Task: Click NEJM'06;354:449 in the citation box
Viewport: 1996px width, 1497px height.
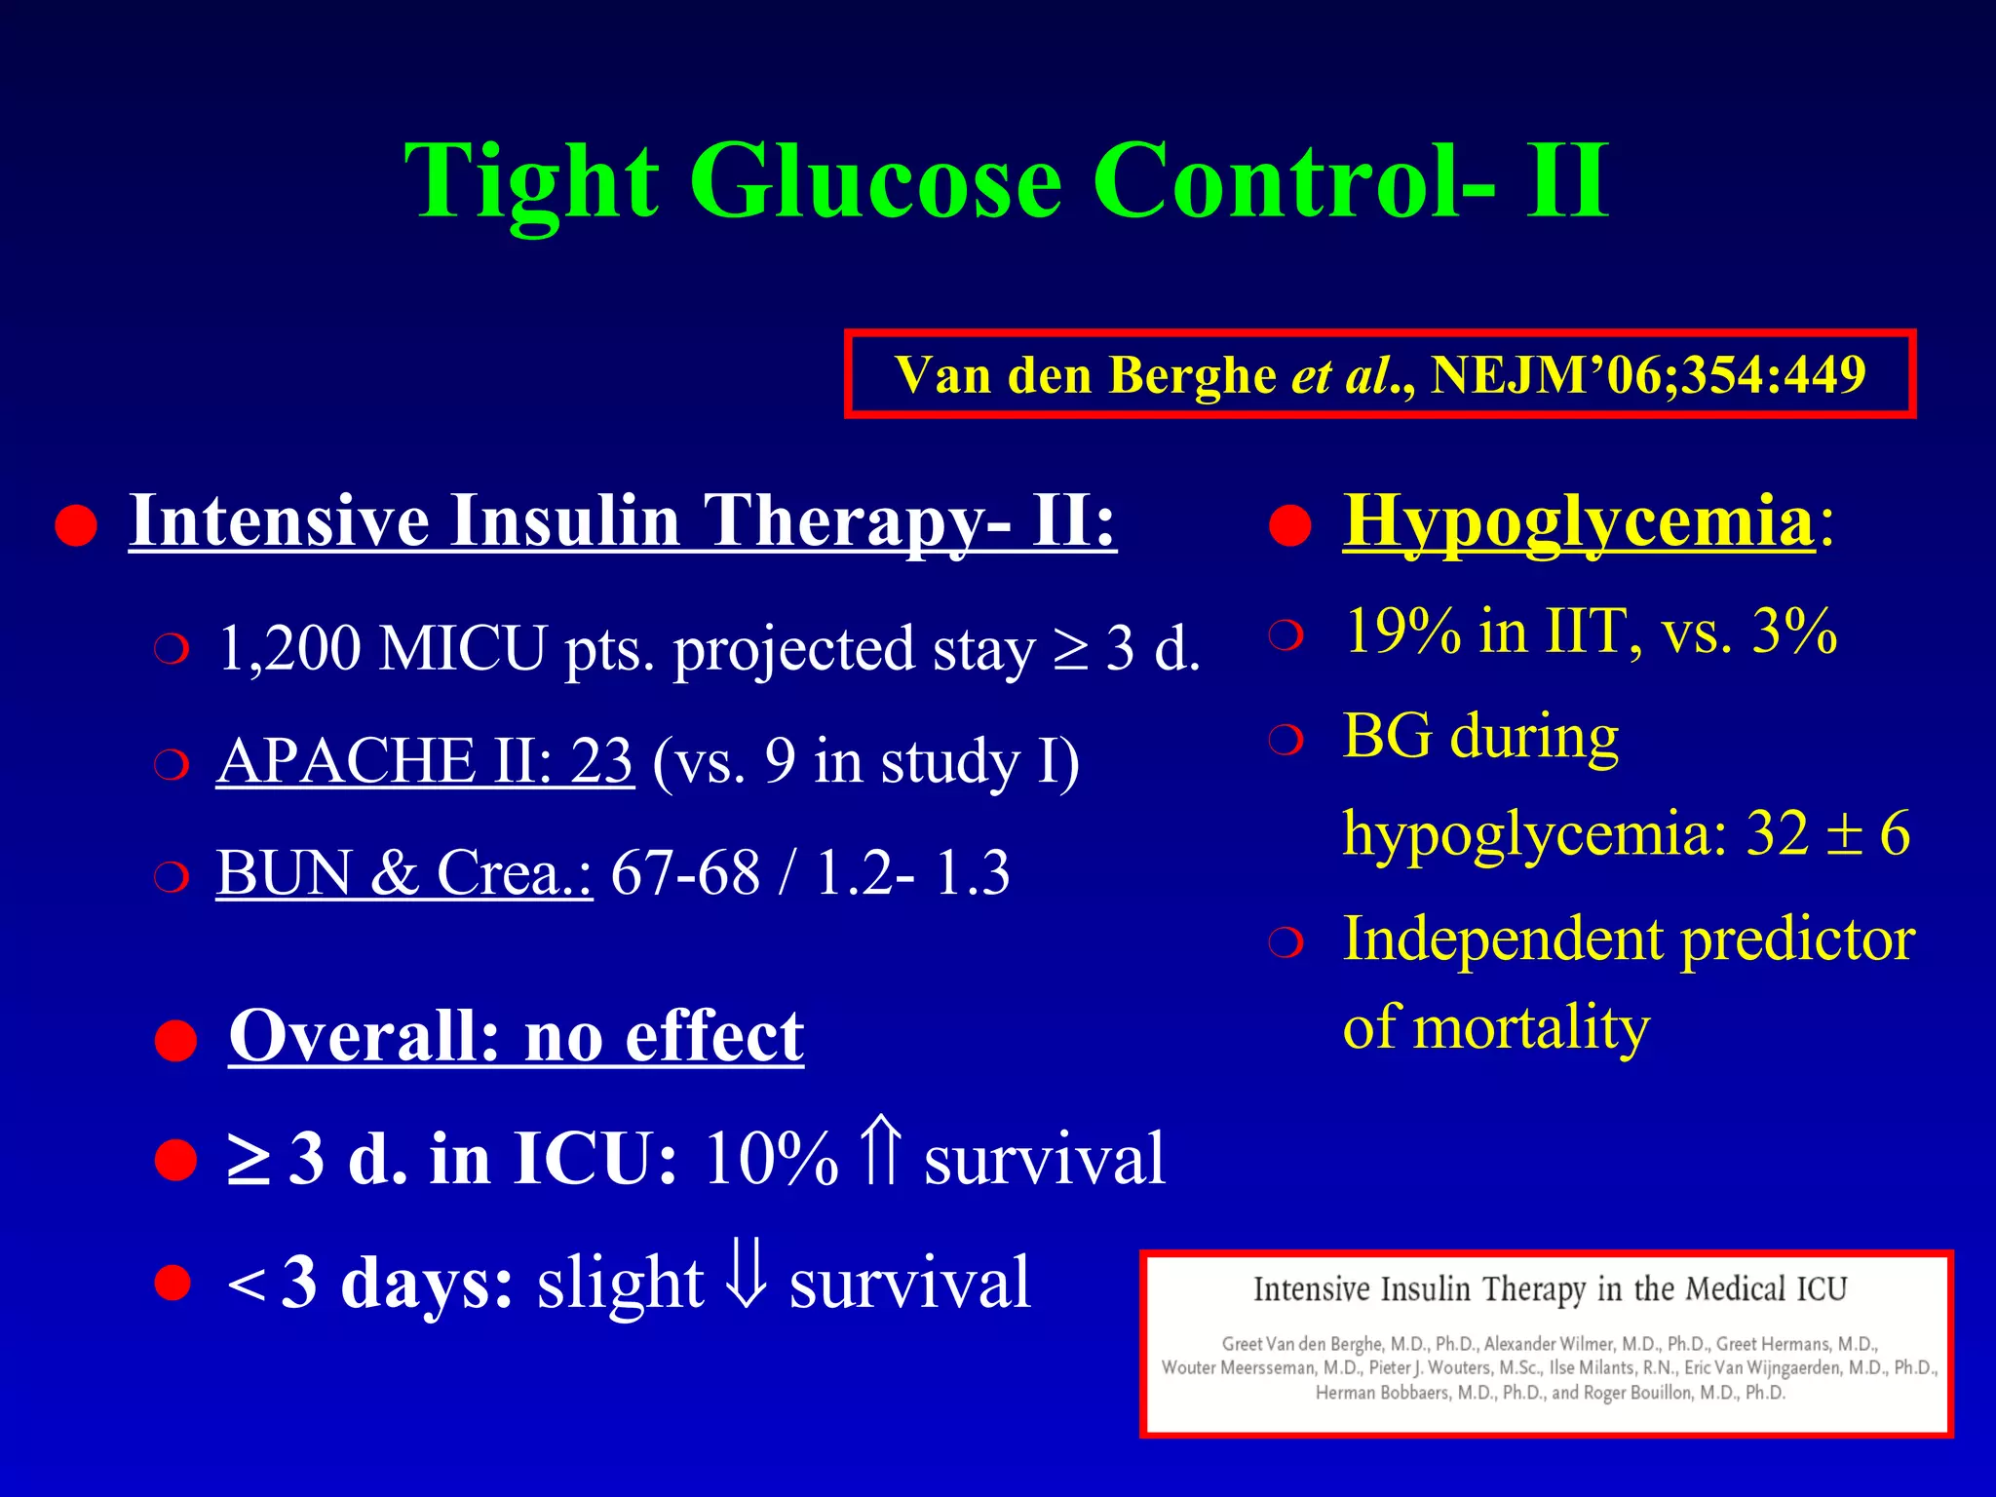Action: pyautogui.click(x=1648, y=375)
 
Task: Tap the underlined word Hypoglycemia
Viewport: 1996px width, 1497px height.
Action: pyautogui.click(x=1579, y=521)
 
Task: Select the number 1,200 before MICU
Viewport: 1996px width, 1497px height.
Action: pyautogui.click(x=288, y=648)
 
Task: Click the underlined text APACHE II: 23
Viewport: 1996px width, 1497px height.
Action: pyautogui.click(x=425, y=761)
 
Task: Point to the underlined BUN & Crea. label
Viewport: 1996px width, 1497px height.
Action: pyautogui.click(x=403, y=872)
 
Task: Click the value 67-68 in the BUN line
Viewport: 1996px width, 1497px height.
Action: pyautogui.click(x=684, y=872)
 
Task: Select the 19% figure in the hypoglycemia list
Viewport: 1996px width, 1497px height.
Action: pyautogui.click(x=1401, y=632)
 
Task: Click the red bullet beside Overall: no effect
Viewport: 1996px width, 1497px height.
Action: pyautogui.click(x=176, y=1041)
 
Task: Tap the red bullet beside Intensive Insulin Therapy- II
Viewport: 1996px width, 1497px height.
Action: pyautogui.click(x=76, y=527)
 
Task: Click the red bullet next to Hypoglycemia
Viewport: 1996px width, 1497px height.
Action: pyautogui.click(x=1290, y=527)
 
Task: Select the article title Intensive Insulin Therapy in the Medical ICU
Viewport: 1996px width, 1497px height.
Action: pyautogui.click(x=1550, y=1289)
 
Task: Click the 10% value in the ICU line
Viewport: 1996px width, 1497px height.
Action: pyautogui.click(x=770, y=1160)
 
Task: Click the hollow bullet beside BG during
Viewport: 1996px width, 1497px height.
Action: pyautogui.click(x=1286, y=741)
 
